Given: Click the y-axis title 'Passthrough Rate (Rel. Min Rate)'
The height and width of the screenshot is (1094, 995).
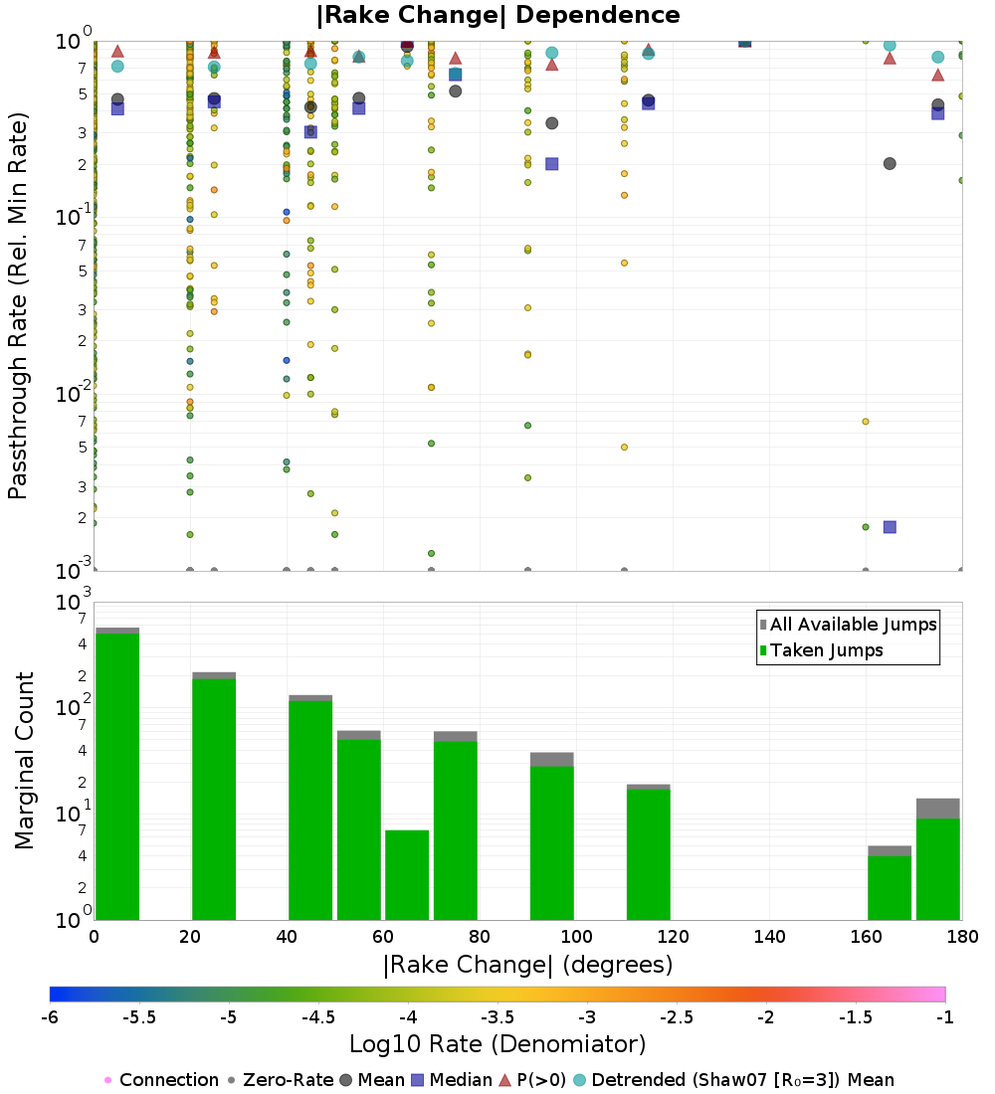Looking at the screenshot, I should coord(18,304).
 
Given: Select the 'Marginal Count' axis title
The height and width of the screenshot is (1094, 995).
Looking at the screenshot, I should coord(24,761).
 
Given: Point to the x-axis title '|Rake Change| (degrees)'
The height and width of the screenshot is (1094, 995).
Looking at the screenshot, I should coord(527,965).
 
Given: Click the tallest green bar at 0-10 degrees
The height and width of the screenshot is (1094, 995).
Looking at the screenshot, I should coord(117,776).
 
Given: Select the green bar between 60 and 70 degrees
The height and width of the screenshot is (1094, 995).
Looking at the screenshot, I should coord(407,875).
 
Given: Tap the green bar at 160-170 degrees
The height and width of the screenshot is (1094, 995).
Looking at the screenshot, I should coord(890,887).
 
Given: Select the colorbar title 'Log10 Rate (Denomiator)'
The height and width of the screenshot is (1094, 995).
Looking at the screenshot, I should coord(497,1044).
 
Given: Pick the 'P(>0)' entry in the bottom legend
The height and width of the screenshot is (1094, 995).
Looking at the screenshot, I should coord(533,1080).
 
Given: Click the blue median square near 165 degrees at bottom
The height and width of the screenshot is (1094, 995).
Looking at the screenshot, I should coord(890,526).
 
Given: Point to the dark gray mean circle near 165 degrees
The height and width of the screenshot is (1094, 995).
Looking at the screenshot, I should coord(890,163).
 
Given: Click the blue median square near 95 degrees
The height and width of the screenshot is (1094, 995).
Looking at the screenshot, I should coord(552,163).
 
